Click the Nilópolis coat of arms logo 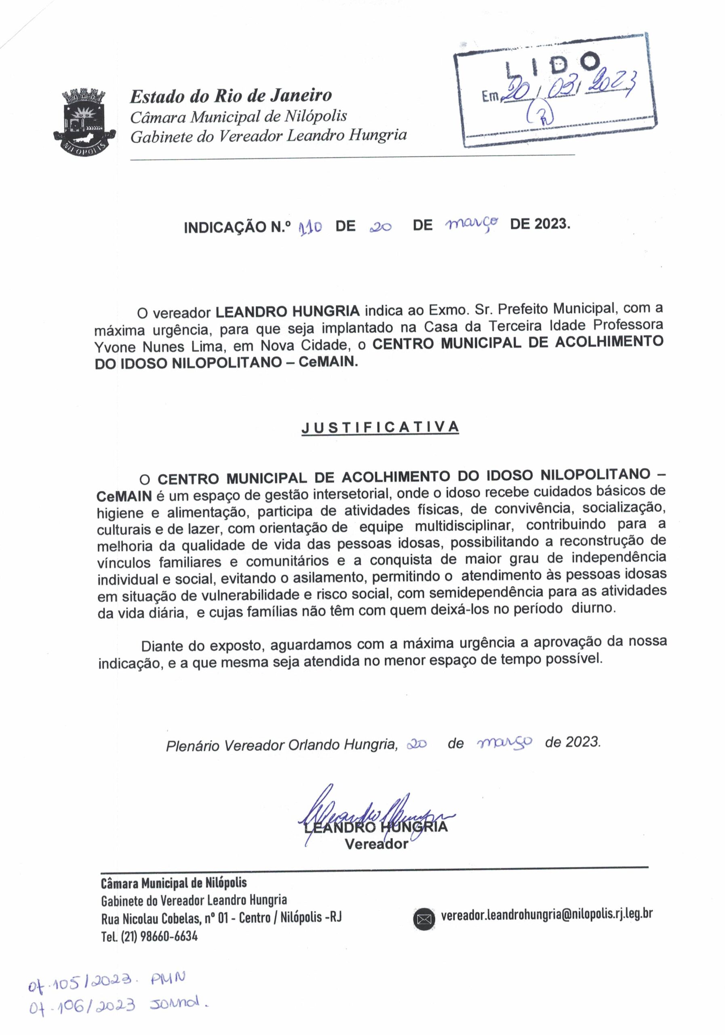pyautogui.click(x=85, y=122)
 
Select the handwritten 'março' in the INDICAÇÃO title pyautogui.click(x=471, y=223)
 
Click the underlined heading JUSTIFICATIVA pyautogui.click(x=380, y=427)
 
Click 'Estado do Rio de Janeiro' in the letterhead pyautogui.click(x=231, y=96)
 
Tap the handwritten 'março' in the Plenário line pyautogui.click(x=504, y=742)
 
